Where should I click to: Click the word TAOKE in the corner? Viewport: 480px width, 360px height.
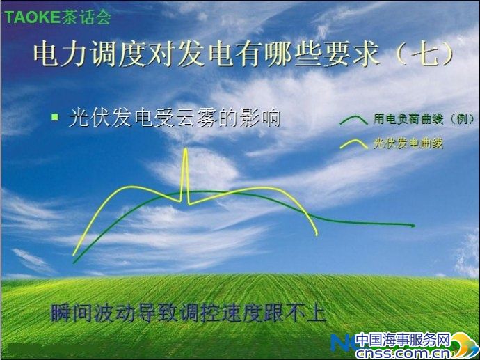pos(32,17)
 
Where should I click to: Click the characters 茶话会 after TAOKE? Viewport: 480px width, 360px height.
pos(86,17)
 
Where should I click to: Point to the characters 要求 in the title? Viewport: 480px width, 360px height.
pos(351,54)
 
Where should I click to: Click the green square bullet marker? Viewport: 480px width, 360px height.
pos(55,116)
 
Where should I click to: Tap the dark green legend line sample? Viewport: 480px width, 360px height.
pos(353,120)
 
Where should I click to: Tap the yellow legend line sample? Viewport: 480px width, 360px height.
pos(353,144)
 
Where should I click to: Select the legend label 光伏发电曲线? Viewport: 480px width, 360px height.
pos(408,143)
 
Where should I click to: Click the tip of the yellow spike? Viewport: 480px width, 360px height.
pos(185,149)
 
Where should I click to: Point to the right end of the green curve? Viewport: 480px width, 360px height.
pos(414,226)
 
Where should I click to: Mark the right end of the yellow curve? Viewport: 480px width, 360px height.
pos(317,235)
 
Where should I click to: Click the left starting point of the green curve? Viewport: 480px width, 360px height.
pos(74,263)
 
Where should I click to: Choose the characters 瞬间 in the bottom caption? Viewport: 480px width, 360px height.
pos(72,313)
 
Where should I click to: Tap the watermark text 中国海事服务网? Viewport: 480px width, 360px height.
pos(403,340)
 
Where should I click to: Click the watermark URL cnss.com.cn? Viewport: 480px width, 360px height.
pos(403,353)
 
